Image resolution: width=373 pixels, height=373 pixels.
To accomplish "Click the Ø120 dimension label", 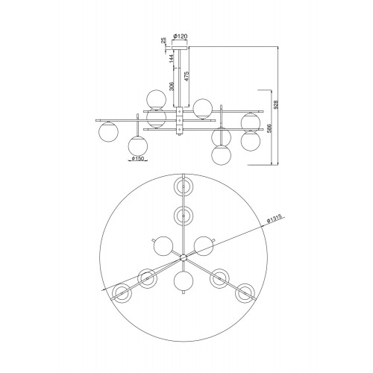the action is click(180, 37).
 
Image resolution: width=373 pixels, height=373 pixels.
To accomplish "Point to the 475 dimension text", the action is click(186, 77).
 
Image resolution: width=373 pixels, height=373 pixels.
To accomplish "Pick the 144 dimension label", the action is click(171, 58).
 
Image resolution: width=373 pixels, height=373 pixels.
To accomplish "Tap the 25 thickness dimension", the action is click(163, 40).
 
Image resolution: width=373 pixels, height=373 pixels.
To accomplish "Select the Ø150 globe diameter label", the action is click(137, 158).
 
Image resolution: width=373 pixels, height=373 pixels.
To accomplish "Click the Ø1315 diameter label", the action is click(274, 219).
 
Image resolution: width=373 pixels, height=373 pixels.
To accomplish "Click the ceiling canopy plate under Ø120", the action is click(180, 48).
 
